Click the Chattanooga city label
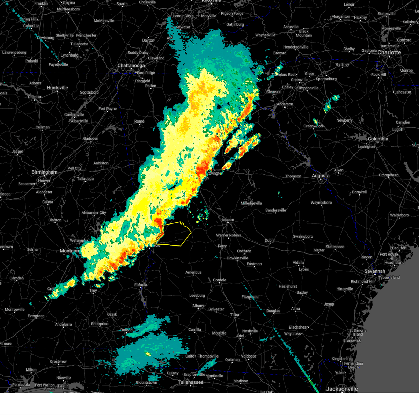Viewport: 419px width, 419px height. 131,66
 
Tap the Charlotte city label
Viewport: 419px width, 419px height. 389,53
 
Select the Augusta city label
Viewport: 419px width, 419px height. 320,176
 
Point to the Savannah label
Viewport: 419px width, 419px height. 375,271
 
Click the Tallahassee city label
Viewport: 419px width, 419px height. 191,382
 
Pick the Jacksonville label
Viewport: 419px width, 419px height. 342,389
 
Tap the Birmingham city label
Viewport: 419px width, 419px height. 44,172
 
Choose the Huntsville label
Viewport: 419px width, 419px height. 57,88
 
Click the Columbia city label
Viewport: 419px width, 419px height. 378,139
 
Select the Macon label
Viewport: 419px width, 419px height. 228,220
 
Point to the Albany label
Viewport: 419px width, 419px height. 198,306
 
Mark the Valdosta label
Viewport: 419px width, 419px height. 248,356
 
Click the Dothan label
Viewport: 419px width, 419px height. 126,330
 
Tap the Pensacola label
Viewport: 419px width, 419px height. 21,385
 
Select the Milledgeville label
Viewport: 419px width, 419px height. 251,203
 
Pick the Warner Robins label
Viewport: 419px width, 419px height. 228,235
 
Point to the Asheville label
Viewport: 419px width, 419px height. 291,27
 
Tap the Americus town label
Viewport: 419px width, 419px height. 193,272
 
